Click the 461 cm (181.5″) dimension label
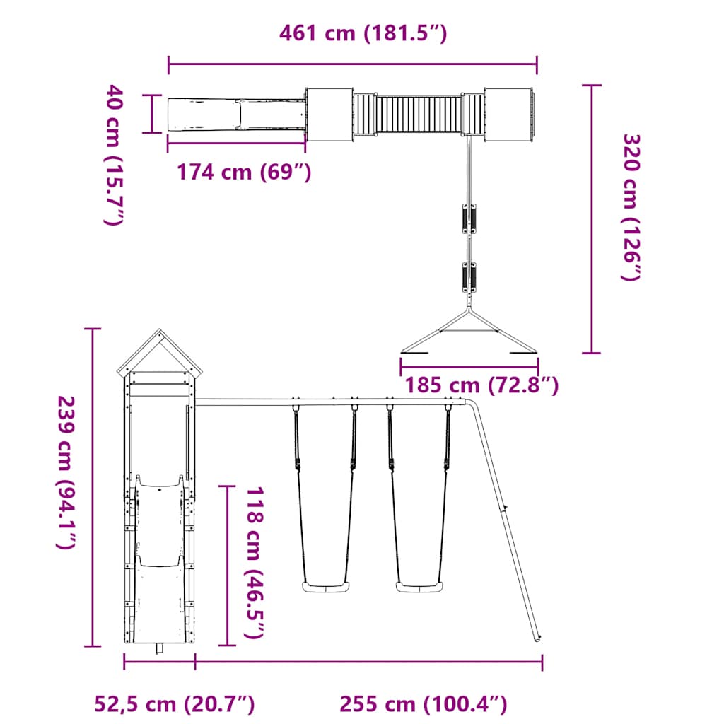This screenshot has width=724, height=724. [x=363, y=33]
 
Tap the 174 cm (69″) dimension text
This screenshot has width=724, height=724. [x=244, y=172]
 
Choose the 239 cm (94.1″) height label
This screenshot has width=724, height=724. [x=66, y=472]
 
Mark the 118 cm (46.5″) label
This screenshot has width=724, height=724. [x=255, y=563]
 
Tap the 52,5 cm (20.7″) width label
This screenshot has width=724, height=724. [x=175, y=704]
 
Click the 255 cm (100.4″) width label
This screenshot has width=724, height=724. [x=424, y=704]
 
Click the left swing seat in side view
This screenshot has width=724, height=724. [x=325, y=587]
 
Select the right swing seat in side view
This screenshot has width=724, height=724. [x=419, y=587]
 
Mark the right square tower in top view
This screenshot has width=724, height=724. [x=508, y=115]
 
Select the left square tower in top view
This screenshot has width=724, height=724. [x=329, y=115]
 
